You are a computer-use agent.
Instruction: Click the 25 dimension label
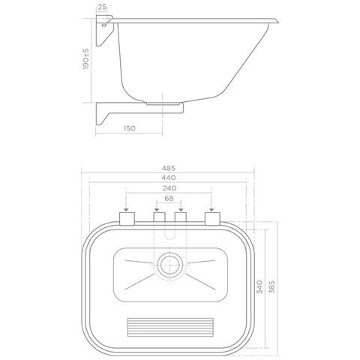[x=101, y=7]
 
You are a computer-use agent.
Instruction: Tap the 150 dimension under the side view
[x=128, y=128]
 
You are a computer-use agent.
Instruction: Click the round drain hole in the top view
[x=169, y=264]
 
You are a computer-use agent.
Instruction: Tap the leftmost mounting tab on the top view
[x=126, y=219]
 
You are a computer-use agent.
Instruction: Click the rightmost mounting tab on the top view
[x=213, y=219]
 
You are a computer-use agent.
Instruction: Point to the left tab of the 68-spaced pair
[x=158, y=219]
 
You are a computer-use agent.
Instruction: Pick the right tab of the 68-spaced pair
[x=180, y=219]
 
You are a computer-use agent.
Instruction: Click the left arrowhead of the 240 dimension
[x=126, y=210]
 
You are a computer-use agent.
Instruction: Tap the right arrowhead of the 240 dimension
[x=213, y=210]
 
